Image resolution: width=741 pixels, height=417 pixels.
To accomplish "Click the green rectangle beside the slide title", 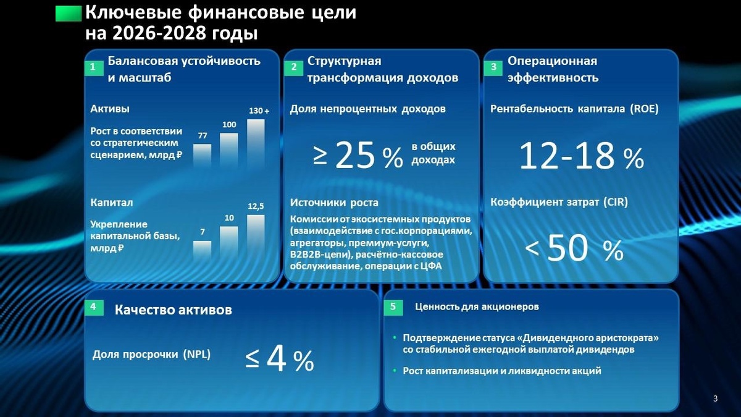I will (x=69, y=14).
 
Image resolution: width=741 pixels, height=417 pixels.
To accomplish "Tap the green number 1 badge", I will (x=92, y=68).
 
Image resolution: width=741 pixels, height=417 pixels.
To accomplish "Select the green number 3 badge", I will (x=493, y=68).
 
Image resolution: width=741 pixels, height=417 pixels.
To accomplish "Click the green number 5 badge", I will (x=393, y=307).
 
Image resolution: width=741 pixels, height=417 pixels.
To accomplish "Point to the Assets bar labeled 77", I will (x=203, y=157).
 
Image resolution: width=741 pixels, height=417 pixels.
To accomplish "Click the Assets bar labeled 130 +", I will (x=256, y=144).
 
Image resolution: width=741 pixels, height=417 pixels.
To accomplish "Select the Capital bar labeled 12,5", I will (x=256, y=237).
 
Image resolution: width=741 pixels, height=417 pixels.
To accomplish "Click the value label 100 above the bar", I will (x=229, y=125).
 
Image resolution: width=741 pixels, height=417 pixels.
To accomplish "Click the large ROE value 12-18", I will (x=567, y=157).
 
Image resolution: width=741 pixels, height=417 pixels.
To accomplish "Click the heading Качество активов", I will (x=174, y=310).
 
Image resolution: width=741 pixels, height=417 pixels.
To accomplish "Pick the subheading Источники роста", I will (x=334, y=203).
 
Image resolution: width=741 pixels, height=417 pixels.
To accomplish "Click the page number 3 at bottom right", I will (x=715, y=398).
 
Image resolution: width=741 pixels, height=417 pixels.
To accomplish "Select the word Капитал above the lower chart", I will (x=112, y=203).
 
